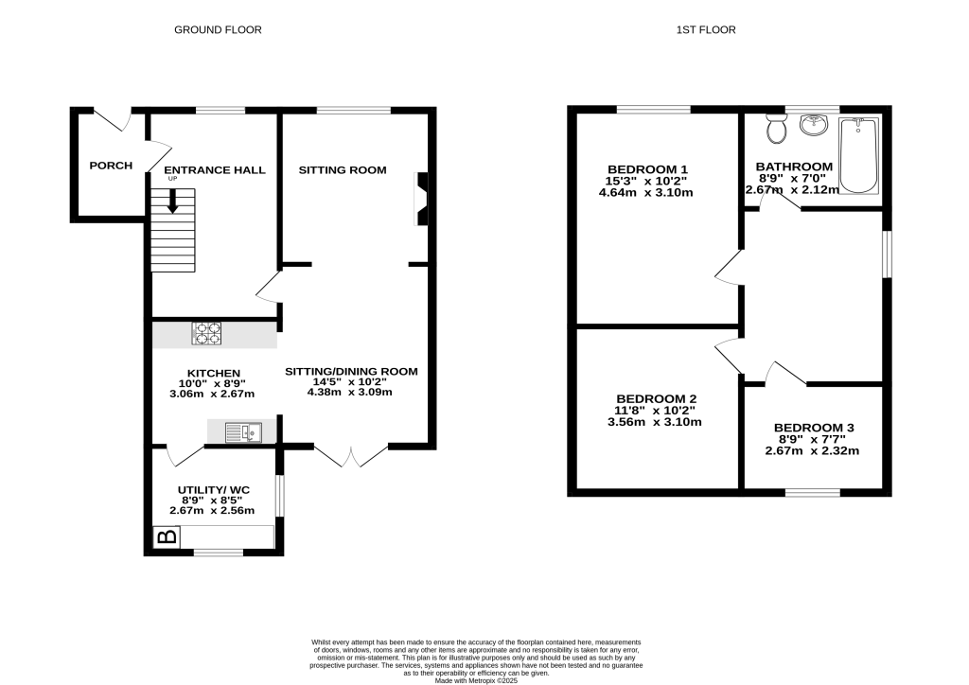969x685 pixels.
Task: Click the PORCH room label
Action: [x=111, y=166]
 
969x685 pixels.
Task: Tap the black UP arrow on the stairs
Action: [x=173, y=201]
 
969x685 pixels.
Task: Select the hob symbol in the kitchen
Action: [x=207, y=333]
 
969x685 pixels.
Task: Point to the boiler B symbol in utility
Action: [x=167, y=537]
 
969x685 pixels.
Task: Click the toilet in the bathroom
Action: [x=777, y=130]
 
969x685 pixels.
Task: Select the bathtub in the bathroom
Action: [x=859, y=155]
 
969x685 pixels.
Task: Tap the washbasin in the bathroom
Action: [x=814, y=125]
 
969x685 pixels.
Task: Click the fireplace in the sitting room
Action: [x=420, y=199]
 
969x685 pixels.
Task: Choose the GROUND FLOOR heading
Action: [x=218, y=30]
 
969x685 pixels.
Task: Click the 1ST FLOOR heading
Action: [x=706, y=30]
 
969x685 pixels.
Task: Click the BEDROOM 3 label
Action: [x=814, y=428]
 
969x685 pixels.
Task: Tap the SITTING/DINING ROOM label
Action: [x=351, y=371]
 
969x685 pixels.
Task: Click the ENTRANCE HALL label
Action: [x=216, y=170]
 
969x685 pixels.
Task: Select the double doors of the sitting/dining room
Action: [x=351, y=455]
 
